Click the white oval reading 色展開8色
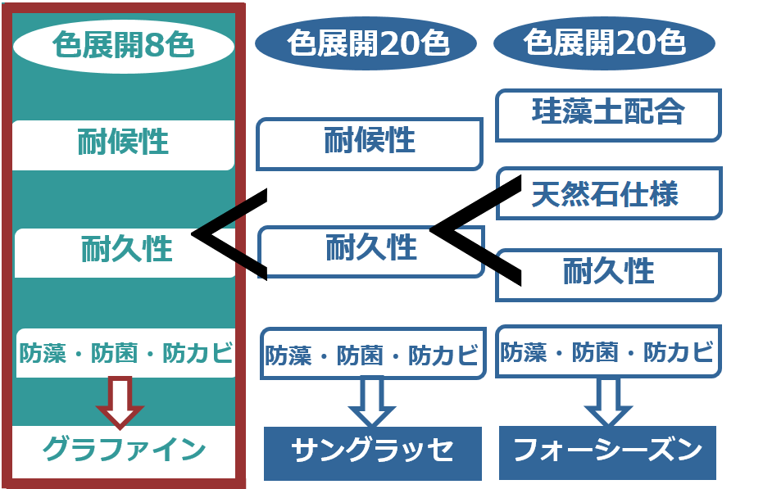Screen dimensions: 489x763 click(123, 44)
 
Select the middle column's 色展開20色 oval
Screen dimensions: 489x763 click(366, 43)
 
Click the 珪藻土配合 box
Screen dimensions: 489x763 click(608, 113)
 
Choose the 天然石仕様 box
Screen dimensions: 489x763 click(609, 194)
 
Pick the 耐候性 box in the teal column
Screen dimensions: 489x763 click(123, 143)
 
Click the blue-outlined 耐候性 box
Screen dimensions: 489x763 click(369, 143)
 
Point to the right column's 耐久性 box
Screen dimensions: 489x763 click(609, 273)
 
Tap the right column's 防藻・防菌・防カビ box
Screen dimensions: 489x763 click(608, 352)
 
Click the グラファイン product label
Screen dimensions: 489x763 click(123, 449)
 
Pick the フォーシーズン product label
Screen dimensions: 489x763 click(607, 451)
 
